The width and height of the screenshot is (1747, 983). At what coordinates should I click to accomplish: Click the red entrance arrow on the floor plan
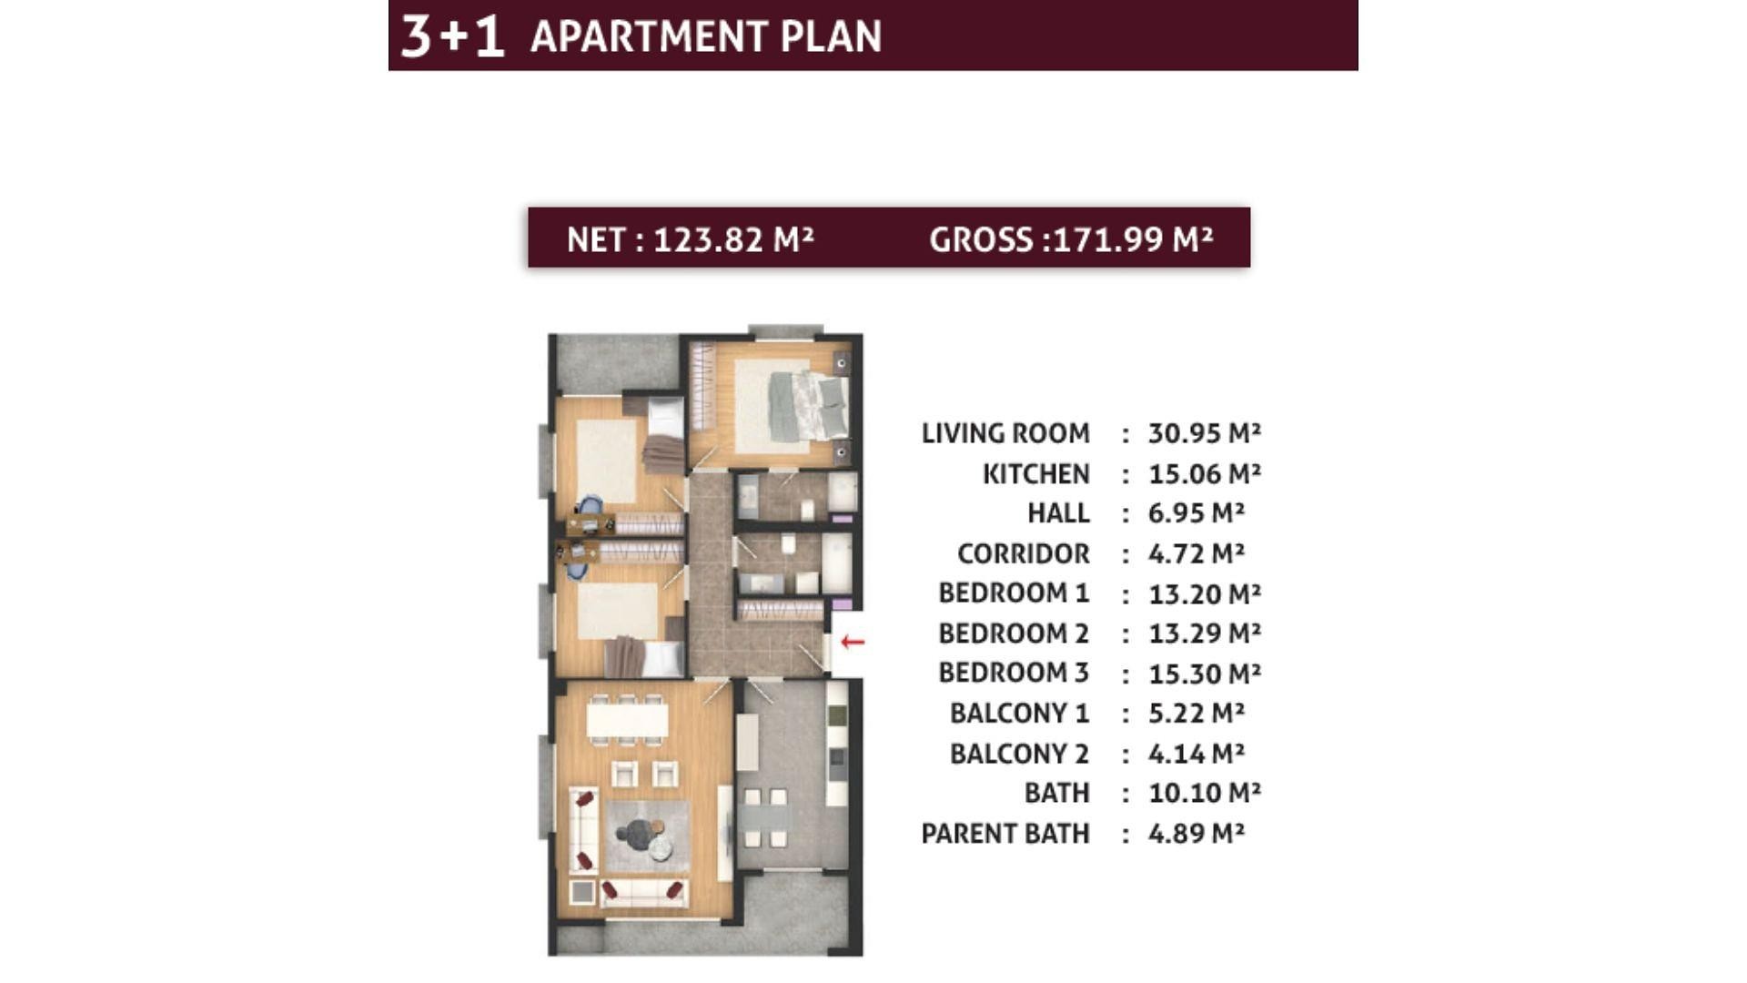[853, 642]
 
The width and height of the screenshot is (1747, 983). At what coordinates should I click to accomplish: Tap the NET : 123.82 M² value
[690, 239]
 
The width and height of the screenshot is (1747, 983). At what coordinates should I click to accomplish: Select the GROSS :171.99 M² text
[1071, 239]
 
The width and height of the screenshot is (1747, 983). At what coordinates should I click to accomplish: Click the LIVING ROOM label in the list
[1005, 433]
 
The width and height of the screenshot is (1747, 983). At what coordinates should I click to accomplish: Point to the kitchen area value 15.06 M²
[1205, 473]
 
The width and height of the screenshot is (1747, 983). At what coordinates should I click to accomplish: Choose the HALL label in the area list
[1058, 513]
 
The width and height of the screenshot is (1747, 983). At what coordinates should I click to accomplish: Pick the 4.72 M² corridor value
[1197, 553]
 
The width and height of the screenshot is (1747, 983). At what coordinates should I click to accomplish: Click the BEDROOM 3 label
[1014, 673]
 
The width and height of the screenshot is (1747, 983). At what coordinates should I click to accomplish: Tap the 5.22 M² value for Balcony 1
[1197, 713]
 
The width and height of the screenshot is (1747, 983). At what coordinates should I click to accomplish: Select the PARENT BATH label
[1005, 833]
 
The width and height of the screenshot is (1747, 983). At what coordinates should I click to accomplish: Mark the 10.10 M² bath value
[1205, 793]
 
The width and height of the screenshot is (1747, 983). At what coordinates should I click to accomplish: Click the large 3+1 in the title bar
[452, 36]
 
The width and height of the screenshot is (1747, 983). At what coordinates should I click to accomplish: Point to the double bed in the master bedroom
[809, 406]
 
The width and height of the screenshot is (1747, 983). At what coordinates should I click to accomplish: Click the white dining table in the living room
[627, 720]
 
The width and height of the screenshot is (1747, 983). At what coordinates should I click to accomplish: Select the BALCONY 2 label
[1019, 753]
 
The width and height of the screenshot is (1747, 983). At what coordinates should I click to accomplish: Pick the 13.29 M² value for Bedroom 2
[1205, 633]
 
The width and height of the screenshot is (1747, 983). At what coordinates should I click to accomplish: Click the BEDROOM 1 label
[1014, 593]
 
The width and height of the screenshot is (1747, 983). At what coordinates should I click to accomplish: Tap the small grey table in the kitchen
[763, 817]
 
